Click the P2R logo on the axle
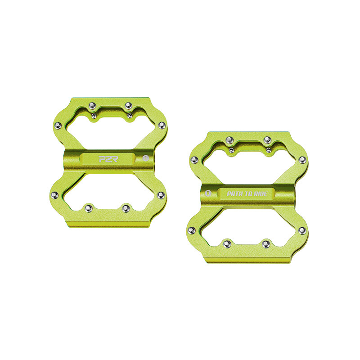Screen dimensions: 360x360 (x=104, y=158)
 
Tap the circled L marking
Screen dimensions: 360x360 (x=145, y=158)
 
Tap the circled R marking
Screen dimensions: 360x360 (x=208, y=194)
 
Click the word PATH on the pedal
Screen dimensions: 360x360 (x=236, y=194)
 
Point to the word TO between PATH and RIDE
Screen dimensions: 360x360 (x=248, y=194)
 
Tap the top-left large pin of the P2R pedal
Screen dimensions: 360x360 (x=91, y=105)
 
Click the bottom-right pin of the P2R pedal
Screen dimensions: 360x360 (x=126, y=208)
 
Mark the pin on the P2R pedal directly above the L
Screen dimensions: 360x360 (x=161, y=125)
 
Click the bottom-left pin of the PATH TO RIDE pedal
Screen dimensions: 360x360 (x=226, y=243)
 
